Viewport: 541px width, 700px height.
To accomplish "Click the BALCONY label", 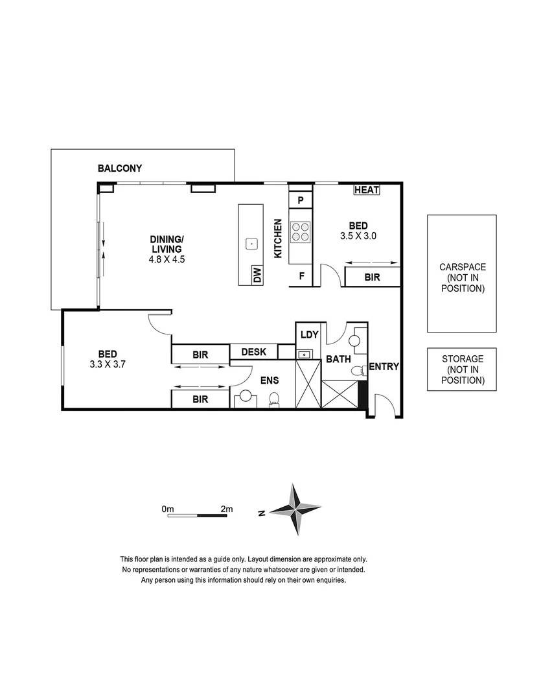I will point(120,169).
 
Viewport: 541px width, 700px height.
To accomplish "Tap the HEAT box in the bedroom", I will point(367,190).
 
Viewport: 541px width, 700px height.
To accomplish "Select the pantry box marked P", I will point(301,200).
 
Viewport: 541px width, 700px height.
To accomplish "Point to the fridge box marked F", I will point(301,275).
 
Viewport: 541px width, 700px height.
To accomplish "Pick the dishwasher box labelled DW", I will point(257,275).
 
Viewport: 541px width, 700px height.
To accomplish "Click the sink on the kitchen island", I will point(251,244).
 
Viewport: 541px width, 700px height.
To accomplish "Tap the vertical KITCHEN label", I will point(277,239).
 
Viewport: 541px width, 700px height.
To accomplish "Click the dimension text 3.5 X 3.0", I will point(358,237).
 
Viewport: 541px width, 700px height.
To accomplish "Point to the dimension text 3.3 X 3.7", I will point(108,364).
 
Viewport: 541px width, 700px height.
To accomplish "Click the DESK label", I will point(253,352).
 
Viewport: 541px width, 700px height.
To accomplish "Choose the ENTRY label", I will point(384,367).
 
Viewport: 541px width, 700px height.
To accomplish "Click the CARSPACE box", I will point(462,274).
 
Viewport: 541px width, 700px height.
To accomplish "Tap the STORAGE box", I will point(462,369).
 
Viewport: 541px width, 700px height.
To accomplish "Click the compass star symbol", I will point(295,509).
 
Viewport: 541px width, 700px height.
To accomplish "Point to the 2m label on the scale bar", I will point(226,509).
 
